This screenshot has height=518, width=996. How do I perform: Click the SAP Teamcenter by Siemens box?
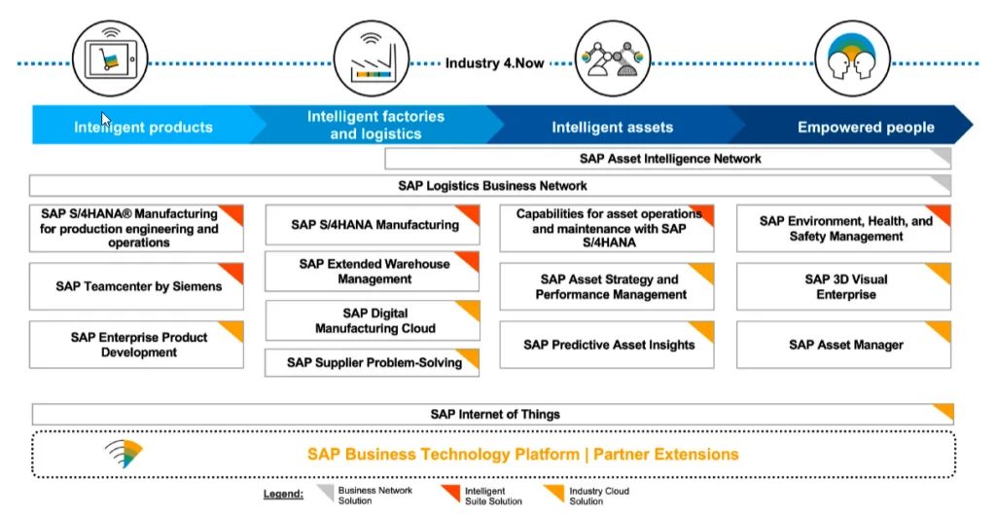point(137,287)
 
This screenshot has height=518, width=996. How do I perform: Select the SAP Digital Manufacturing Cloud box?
point(373,321)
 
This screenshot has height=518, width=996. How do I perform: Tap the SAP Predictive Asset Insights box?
point(607,345)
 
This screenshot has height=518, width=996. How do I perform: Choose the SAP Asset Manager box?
point(844,345)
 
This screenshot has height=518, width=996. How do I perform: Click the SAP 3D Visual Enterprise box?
point(844,286)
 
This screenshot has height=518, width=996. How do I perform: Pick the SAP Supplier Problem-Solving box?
point(373,363)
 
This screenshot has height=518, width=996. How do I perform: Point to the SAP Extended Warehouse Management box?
point(373,272)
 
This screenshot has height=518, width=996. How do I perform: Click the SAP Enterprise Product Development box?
point(137,345)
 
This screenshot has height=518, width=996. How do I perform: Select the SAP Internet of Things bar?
point(493,414)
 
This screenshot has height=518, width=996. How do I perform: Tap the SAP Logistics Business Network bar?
point(491,186)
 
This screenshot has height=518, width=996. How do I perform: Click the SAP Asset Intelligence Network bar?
point(669,159)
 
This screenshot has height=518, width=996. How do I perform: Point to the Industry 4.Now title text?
point(495,64)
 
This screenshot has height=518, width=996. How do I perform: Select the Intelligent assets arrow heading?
point(612,127)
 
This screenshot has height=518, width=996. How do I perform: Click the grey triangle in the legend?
point(326,493)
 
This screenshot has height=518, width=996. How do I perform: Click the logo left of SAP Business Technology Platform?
point(124,454)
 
